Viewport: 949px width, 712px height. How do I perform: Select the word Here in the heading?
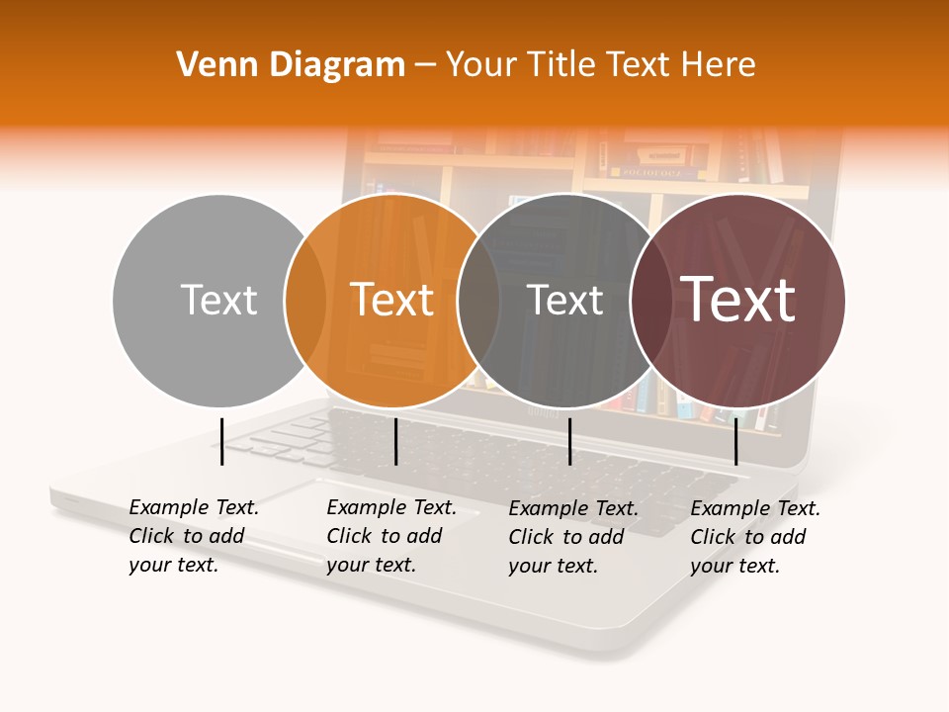(719, 65)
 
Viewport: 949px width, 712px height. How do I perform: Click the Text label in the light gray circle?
(218, 300)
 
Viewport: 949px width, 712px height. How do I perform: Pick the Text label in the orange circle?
(392, 300)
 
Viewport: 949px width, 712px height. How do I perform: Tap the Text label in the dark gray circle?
(564, 301)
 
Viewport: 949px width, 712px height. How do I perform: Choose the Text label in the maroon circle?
(738, 299)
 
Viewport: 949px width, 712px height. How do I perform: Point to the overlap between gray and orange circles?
(305, 301)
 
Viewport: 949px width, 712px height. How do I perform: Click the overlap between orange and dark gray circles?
(478, 301)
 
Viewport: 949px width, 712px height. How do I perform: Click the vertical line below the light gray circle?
(222, 441)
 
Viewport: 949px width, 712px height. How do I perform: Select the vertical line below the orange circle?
(395, 441)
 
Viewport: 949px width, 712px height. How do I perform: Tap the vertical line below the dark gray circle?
(569, 441)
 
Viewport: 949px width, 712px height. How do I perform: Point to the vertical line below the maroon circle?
(735, 441)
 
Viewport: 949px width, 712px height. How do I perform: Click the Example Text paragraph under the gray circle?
(193, 536)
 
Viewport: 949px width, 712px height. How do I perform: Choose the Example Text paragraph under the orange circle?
(390, 536)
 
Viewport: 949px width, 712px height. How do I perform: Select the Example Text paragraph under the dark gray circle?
(572, 537)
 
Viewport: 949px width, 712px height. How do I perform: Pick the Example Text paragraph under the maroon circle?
(754, 537)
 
